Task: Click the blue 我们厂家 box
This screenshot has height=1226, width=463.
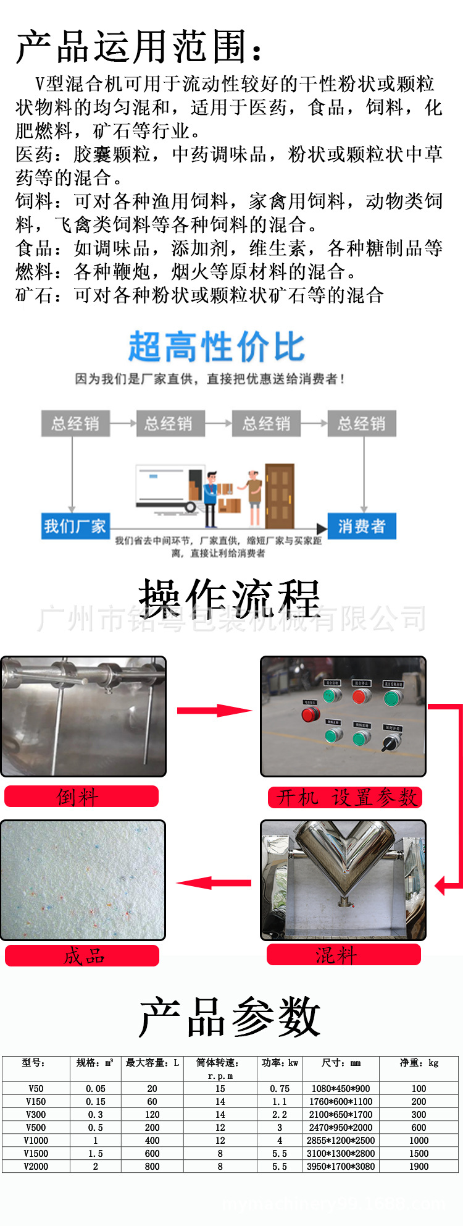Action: click(75, 526)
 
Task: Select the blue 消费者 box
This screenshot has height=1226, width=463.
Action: click(361, 526)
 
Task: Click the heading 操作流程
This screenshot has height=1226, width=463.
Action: click(230, 598)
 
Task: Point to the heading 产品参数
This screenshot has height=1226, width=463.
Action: click(230, 1017)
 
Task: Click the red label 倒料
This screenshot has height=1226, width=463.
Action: click(81, 797)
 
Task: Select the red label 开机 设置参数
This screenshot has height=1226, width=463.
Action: click(345, 797)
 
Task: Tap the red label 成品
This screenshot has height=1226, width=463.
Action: click(82, 956)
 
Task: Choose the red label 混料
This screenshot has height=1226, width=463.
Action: click(343, 955)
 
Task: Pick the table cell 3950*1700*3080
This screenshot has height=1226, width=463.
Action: click(341, 1167)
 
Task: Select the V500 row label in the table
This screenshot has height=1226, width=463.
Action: click(36, 1128)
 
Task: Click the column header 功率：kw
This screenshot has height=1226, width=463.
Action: click(280, 1063)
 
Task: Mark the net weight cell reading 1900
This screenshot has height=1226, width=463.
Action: click(419, 1167)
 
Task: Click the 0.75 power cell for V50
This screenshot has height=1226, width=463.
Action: click(280, 1089)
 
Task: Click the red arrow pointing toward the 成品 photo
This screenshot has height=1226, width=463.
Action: click(213, 883)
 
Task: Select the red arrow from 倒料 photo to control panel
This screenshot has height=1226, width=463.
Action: click(213, 711)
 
